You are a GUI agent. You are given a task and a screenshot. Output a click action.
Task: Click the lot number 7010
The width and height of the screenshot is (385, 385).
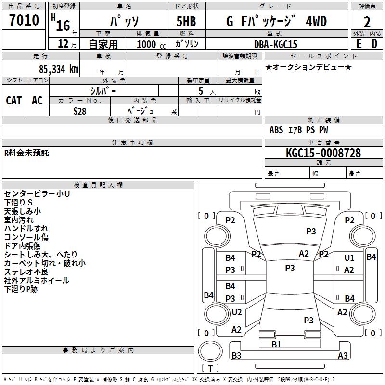(x=24, y=21)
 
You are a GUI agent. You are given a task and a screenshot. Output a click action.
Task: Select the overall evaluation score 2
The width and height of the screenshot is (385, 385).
(x=367, y=22)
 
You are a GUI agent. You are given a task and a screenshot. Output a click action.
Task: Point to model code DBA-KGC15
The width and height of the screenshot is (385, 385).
(x=276, y=44)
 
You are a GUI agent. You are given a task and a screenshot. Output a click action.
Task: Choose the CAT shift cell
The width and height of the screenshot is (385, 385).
(x=14, y=100)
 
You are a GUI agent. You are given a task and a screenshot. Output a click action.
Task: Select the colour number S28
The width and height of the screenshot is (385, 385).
(x=80, y=111)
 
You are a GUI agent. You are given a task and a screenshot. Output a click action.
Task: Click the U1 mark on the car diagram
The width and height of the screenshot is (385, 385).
(x=349, y=258)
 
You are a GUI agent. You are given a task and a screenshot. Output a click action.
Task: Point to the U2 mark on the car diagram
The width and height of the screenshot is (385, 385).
(x=237, y=312)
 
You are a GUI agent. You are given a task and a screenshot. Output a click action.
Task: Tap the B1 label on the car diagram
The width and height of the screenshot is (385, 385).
(x=276, y=344)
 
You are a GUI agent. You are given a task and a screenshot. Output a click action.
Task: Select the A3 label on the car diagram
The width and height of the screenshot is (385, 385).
(x=343, y=356)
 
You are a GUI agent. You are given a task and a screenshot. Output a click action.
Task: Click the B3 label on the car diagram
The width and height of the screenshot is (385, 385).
(x=236, y=356)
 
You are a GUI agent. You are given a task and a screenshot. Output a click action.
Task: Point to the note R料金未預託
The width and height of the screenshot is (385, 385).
(x=26, y=153)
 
